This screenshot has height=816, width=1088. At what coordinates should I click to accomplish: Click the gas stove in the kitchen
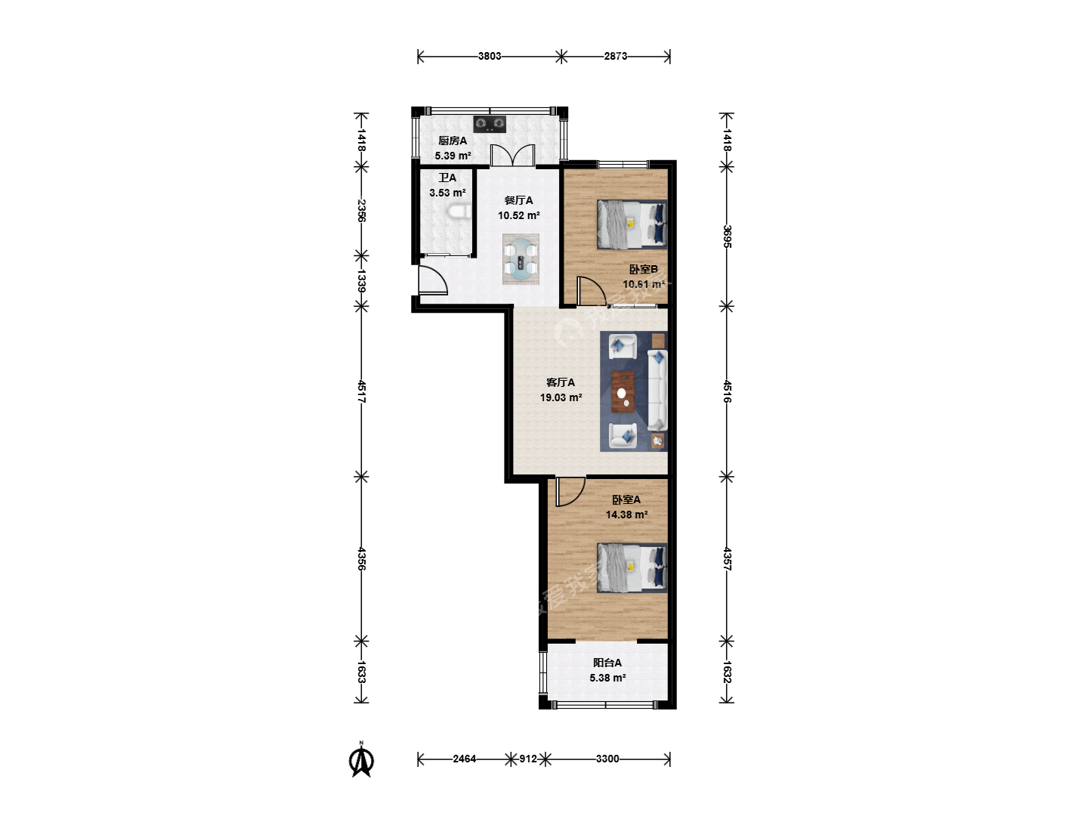pyautogui.click(x=490, y=124)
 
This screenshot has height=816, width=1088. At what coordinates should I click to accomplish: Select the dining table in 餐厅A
pyautogui.click(x=521, y=259)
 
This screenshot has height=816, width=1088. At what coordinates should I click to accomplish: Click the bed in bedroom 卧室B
pyautogui.click(x=632, y=224)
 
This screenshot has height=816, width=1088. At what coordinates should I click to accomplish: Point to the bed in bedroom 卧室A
pyautogui.click(x=632, y=567)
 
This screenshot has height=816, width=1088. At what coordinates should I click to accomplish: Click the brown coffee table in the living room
pyautogui.click(x=623, y=391)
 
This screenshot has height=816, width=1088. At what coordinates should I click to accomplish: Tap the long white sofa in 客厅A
pyautogui.click(x=657, y=390)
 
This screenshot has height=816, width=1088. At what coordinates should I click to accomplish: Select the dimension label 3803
pyautogui.click(x=490, y=56)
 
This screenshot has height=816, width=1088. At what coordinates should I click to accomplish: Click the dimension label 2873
pyautogui.click(x=616, y=56)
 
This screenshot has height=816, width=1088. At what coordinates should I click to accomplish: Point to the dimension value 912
pyautogui.click(x=528, y=759)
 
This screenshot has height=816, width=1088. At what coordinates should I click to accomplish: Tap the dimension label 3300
pyautogui.click(x=607, y=759)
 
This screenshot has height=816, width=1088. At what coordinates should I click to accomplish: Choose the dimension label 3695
pyautogui.click(x=727, y=236)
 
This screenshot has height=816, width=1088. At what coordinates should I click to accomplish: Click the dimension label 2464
pyautogui.click(x=465, y=759)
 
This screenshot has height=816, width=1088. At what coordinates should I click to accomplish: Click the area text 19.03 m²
pyautogui.click(x=561, y=397)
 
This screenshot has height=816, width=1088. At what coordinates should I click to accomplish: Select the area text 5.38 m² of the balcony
pyautogui.click(x=607, y=677)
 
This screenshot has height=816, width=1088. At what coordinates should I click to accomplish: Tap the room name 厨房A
pyautogui.click(x=453, y=141)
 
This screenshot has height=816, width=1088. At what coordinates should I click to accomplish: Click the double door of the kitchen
pyautogui.click(x=512, y=155)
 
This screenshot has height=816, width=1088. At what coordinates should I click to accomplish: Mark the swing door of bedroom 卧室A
pyautogui.click(x=570, y=492)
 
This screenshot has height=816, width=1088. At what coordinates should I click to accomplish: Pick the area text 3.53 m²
pyautogui.click(x=447, y=193)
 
